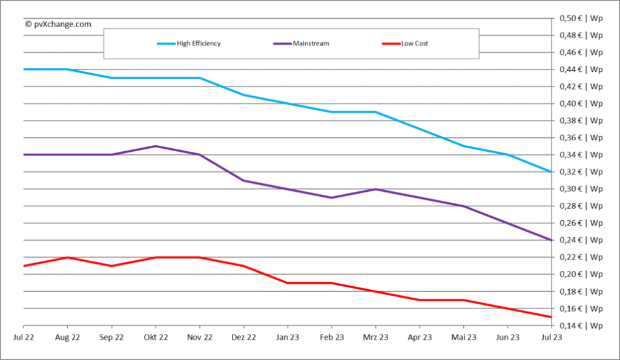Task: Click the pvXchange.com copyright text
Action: click(58, 24)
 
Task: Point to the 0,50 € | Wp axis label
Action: click(581, 18)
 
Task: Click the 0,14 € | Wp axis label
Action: click(581, 326)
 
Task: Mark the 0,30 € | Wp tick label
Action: click(581, 189)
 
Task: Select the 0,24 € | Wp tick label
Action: click(581, 241)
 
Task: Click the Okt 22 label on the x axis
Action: click(156, 338)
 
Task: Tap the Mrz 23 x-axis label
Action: click(375, 338)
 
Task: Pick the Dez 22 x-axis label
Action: click(243, 338)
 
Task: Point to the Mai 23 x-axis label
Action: click(463, 338)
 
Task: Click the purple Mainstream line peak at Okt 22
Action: click(156, 146)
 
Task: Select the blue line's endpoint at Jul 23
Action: click(551, 172)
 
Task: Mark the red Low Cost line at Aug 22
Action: click(67, 257)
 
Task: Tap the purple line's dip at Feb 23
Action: click(331, 197)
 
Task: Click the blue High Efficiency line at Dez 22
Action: click(243, 95)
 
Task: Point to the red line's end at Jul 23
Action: click(551, 317)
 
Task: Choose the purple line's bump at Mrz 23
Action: click(375, 189)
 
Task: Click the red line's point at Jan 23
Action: click(288, 283)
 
